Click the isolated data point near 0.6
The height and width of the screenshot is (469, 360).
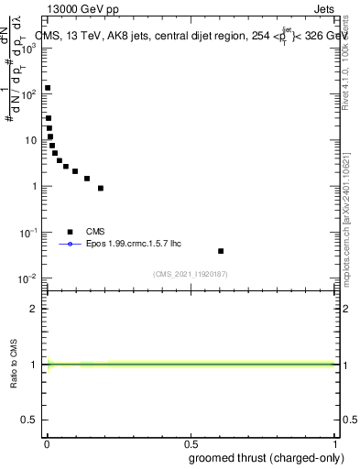[x=221, y=251]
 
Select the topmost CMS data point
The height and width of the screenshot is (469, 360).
[x=48, y=89]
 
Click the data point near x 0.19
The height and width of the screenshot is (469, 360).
[x=101, y=189]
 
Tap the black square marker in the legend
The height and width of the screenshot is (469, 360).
[x=70, y=232]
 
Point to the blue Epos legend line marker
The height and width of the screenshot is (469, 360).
[x=70, y=245]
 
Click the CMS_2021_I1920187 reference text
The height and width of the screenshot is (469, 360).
[x=191, y=274]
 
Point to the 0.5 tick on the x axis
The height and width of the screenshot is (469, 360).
[x=191, y=442]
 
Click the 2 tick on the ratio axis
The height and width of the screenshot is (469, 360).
[x=34, y=309]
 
